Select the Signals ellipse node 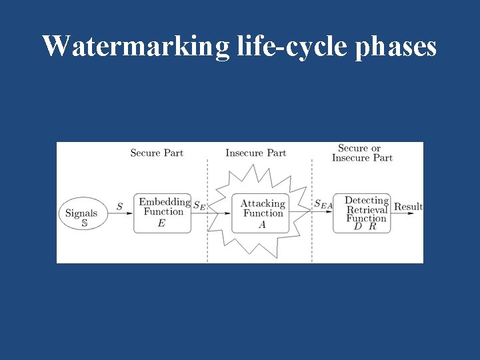click(x=81, y=213)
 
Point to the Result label click(x=408, y=207)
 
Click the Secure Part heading click(x=157, y=153)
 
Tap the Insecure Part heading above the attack click(x=255, y=153)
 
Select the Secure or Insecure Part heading click(x=361, y=153)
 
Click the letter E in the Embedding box click(x=161, y=224)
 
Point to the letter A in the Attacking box click(x=262, y=225)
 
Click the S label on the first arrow click(x=119, y=207)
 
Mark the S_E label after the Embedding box click(x=199, y=206)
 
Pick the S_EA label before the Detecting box click(x=323, y=205)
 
